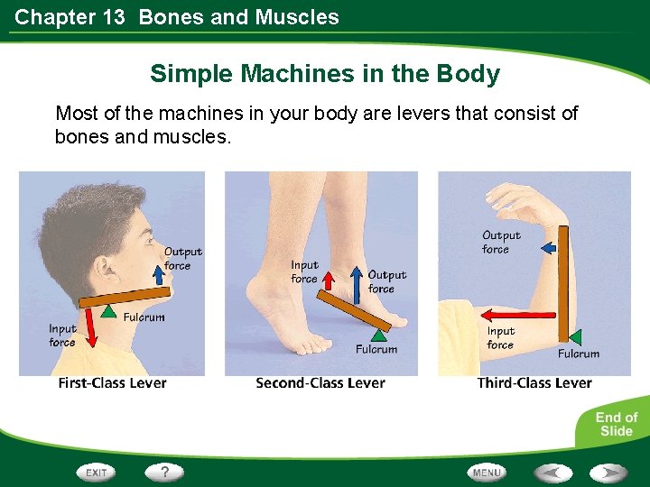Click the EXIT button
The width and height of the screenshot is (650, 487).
click(x=97, y=472)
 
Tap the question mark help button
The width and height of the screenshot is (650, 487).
click(x=163, y=472)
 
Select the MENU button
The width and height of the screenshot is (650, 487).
click(x=486, y=472)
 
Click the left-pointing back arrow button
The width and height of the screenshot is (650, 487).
click(x=552, y=472)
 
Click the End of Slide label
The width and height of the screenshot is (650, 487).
click(x=616, y=424)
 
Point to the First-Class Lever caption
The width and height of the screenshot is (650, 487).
click(x=112, y=383)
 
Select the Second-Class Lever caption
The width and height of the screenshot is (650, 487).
click(x=320, y=383)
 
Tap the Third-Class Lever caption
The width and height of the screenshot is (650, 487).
click(x=534, y=383)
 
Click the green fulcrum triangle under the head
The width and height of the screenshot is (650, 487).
click(x=108, y=310)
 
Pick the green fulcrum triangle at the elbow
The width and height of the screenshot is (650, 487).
click(x=574, y=335)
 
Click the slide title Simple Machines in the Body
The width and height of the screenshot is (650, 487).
click(x=325, y=73)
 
